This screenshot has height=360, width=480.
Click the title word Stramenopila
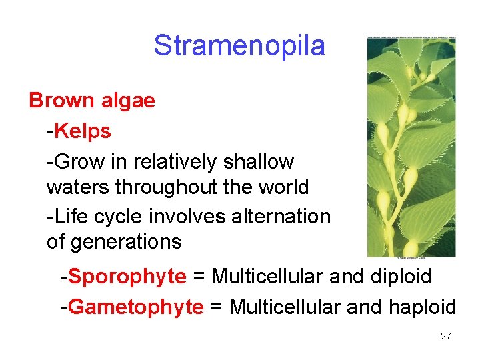[x=239, y=46]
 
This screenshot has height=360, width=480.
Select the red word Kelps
[x=83, y=131]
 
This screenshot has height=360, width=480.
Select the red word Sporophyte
[x=127, y=276]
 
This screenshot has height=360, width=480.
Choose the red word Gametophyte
[x=136, y=307]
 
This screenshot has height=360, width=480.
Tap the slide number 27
[x=446, y=337]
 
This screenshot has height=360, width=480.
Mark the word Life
[x=73, y=217]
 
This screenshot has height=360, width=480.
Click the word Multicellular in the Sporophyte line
[x=268, y=276]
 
